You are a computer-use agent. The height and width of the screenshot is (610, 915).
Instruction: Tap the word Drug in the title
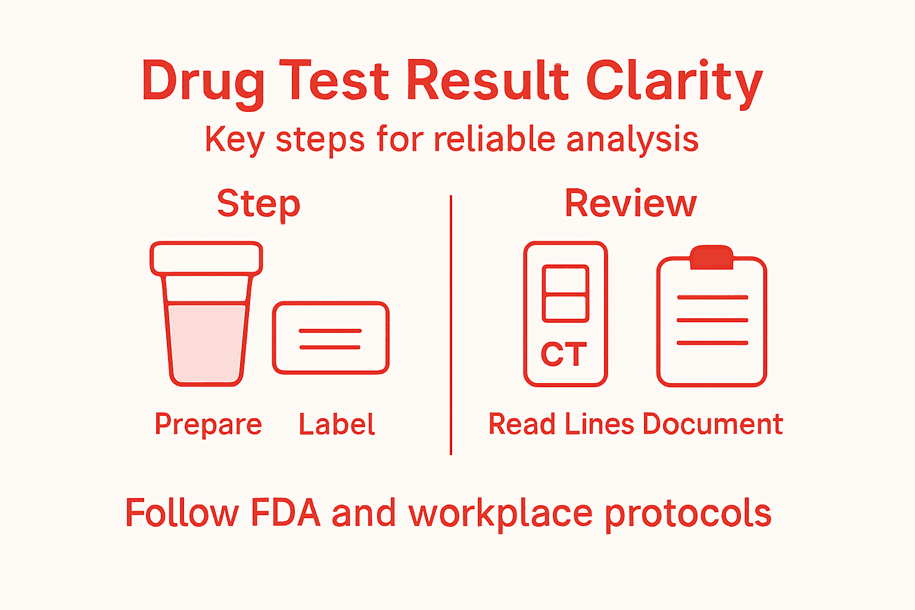(203, 82)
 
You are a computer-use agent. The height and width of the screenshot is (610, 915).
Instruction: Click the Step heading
(259, 204)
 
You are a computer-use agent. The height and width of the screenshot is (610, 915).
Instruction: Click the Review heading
(630, 204)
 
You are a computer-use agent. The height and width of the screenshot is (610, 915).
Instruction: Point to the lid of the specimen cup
(206, 259)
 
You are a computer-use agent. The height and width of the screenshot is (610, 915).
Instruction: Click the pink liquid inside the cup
(206, 343)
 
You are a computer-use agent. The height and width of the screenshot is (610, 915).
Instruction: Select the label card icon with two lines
(331, 338)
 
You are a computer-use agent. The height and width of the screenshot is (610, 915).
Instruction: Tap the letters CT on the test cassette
(564, 355)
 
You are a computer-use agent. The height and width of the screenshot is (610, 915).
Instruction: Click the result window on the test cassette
(565, 293)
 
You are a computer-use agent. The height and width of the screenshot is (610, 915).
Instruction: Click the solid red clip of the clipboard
(711, 257)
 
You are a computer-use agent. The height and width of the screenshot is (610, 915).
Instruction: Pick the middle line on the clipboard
(712, 320)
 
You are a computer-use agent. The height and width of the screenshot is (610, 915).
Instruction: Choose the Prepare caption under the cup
(208, 424)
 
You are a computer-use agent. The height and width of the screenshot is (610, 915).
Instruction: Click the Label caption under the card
(337, 424)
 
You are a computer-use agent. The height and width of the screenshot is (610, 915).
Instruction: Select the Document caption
(712, 424)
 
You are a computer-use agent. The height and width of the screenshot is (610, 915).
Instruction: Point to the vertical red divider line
(451, 325)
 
